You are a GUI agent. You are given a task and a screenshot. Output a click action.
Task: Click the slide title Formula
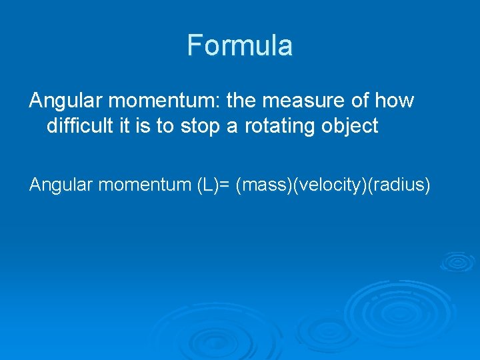coord(239,45)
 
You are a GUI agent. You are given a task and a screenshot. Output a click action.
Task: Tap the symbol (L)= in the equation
coord(215,185)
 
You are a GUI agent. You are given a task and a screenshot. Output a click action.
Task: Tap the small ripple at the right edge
coord(457,261)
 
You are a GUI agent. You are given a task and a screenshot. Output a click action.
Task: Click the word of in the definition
coord(361,101)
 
